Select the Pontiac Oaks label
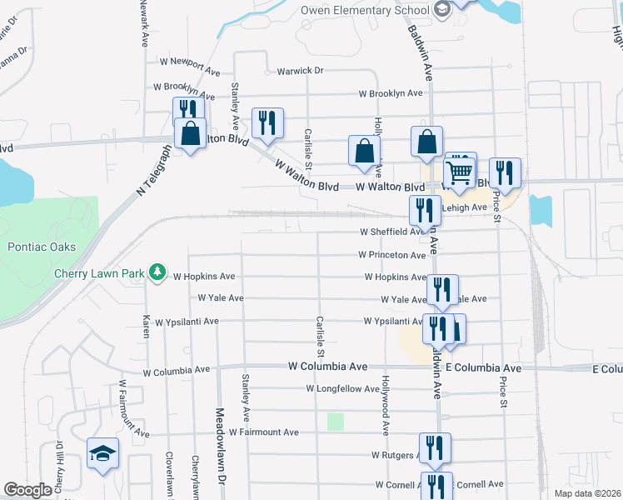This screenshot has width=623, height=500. (42, 247)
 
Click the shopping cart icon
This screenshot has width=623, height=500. (460, 172)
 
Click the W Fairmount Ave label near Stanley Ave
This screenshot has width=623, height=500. (263, 432)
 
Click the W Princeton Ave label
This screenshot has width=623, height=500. (392, 255)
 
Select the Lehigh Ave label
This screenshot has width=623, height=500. (467, 207)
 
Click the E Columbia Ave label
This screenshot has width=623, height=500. (483, 367)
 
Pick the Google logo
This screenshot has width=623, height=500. (27, 490)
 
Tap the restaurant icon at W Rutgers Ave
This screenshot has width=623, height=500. (435, 448)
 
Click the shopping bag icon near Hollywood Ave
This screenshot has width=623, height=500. (364, 151)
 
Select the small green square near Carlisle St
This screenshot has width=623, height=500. (336, 422)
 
